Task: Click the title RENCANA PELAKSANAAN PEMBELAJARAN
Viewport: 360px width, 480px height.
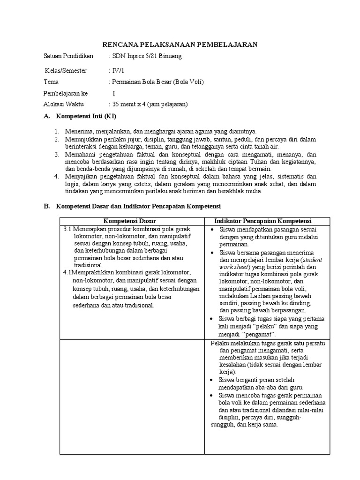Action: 180,44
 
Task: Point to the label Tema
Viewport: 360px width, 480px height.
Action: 51,82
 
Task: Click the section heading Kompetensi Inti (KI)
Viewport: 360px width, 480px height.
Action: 86,116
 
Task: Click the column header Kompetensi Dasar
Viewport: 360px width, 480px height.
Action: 130,221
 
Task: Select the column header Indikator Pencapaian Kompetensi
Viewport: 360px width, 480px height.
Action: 263,221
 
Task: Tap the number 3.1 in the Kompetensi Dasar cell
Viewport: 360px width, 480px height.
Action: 68,229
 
